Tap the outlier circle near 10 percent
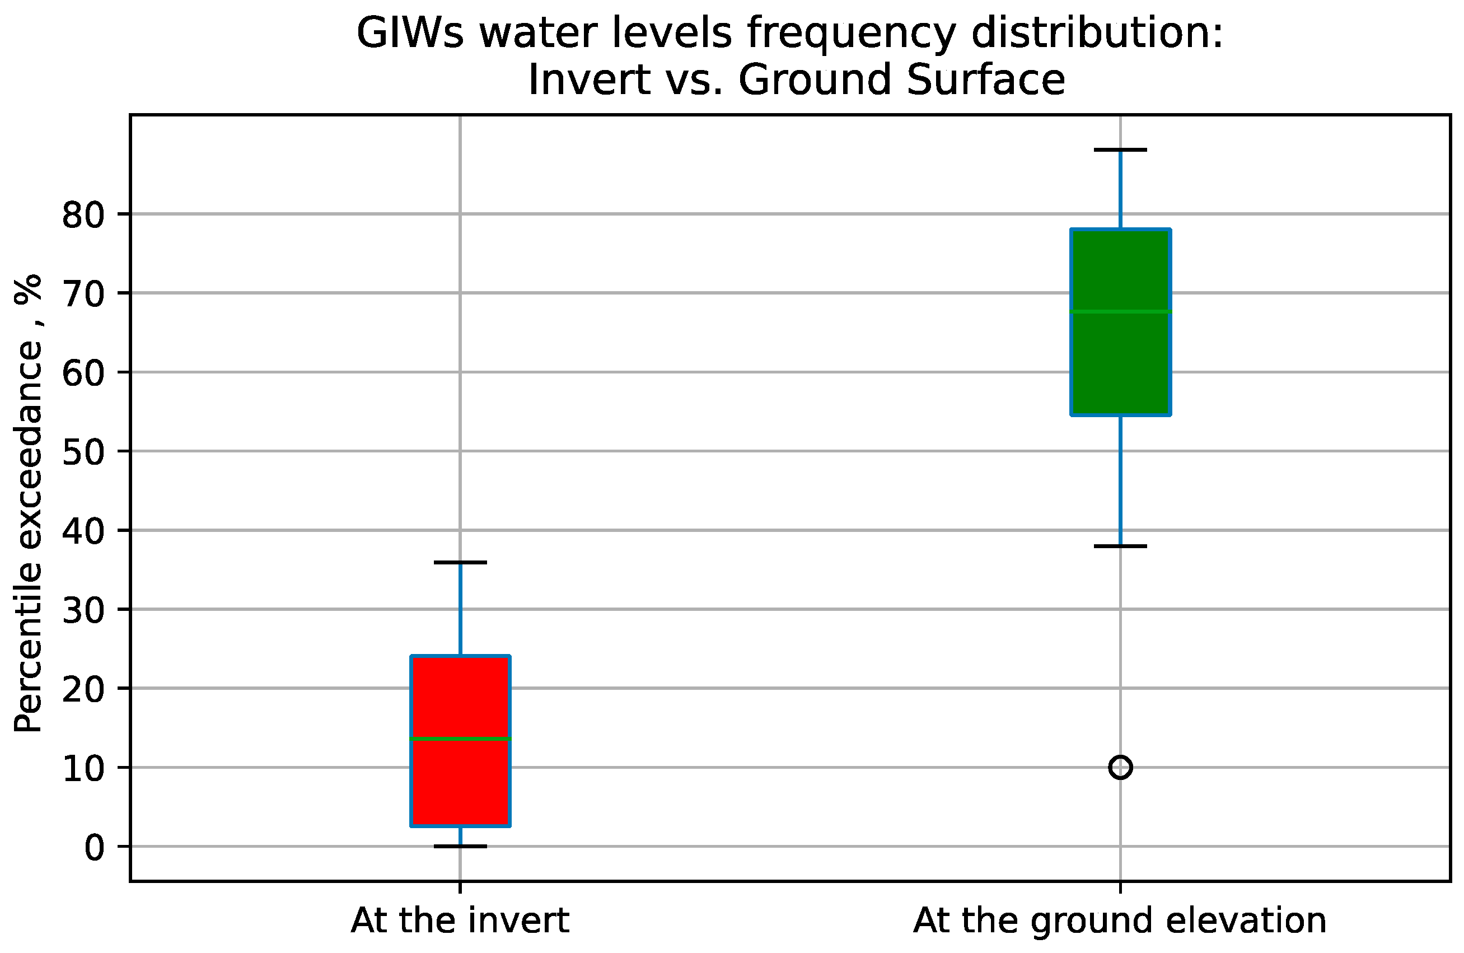coord(1120,767)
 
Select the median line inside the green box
coord(1120,311)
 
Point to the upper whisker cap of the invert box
coord(460,562)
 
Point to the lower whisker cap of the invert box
coord(460,847)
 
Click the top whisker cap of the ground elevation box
coord(1120,150)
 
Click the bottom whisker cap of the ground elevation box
coord(1120,546)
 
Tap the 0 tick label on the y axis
coord(94,848)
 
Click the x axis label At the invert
coord(460,921)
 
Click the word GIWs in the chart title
coord(410,33)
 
